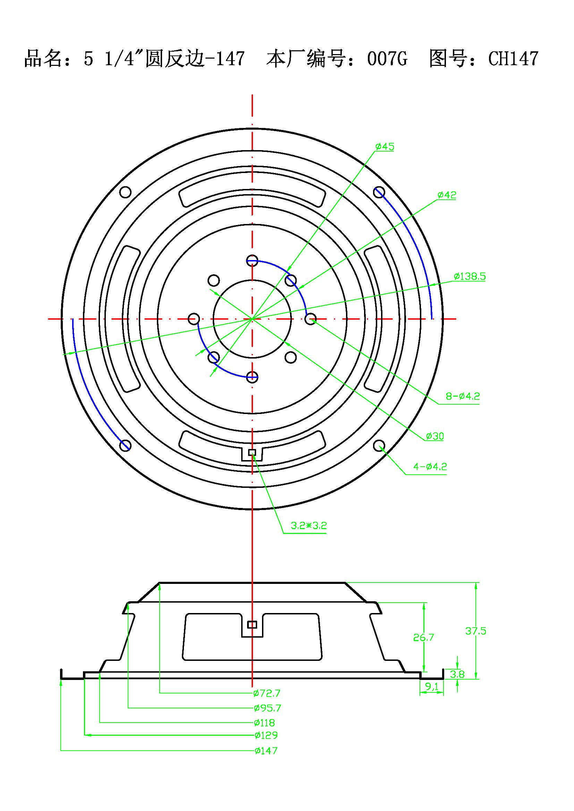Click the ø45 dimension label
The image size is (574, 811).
[385, 147]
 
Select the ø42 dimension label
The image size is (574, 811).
[447, 195]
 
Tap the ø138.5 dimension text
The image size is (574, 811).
[470, 276]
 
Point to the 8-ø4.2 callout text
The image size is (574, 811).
[463, 396]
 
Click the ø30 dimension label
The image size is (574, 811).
[435, 436]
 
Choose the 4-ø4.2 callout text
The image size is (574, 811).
[430, 467]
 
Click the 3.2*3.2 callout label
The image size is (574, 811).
[309, 526]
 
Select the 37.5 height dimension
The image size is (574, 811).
[476, 631]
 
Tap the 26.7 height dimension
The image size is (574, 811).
[423, 638]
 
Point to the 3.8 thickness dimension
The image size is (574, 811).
[457, 674]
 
